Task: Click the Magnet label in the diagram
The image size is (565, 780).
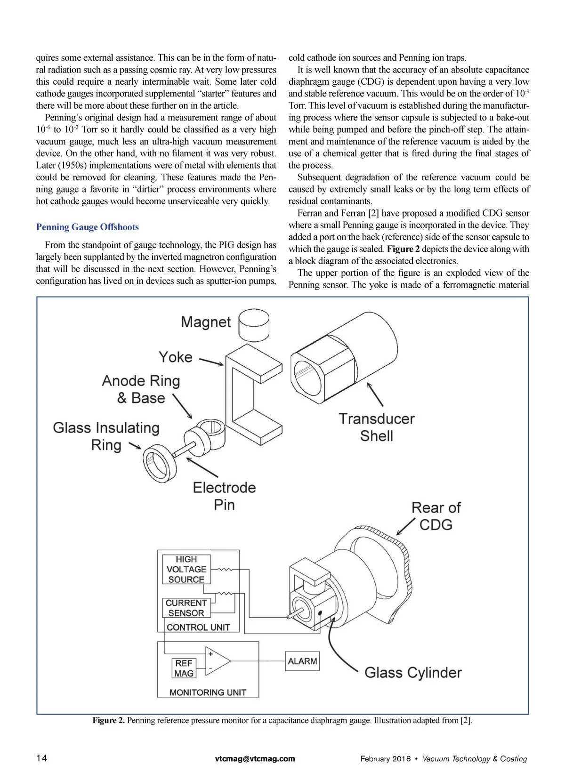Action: (206, 322)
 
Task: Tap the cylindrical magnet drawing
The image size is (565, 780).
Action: (254, 324)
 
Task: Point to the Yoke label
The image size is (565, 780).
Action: (175, 357)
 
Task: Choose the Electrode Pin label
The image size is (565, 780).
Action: (224, 496)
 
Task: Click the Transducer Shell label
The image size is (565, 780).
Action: (377, 427)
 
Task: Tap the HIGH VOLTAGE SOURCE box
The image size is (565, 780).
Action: (186, 569)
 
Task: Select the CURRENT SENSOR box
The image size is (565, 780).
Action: (186, 608)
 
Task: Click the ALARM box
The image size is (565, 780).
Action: (302, 661)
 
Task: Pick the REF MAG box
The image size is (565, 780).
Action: (184, 668)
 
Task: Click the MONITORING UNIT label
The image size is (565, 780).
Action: (208, 692)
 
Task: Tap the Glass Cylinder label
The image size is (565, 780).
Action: (413, 672)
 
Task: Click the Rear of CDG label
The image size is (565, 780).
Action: (436, 516)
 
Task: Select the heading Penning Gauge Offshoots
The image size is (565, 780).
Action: (88, 227)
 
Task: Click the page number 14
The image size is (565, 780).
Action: (42, 758)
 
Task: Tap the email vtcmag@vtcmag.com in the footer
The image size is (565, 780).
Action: (255, 758)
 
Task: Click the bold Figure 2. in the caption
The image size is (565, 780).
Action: (109, 720)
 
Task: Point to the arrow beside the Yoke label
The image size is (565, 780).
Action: (211, 362)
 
